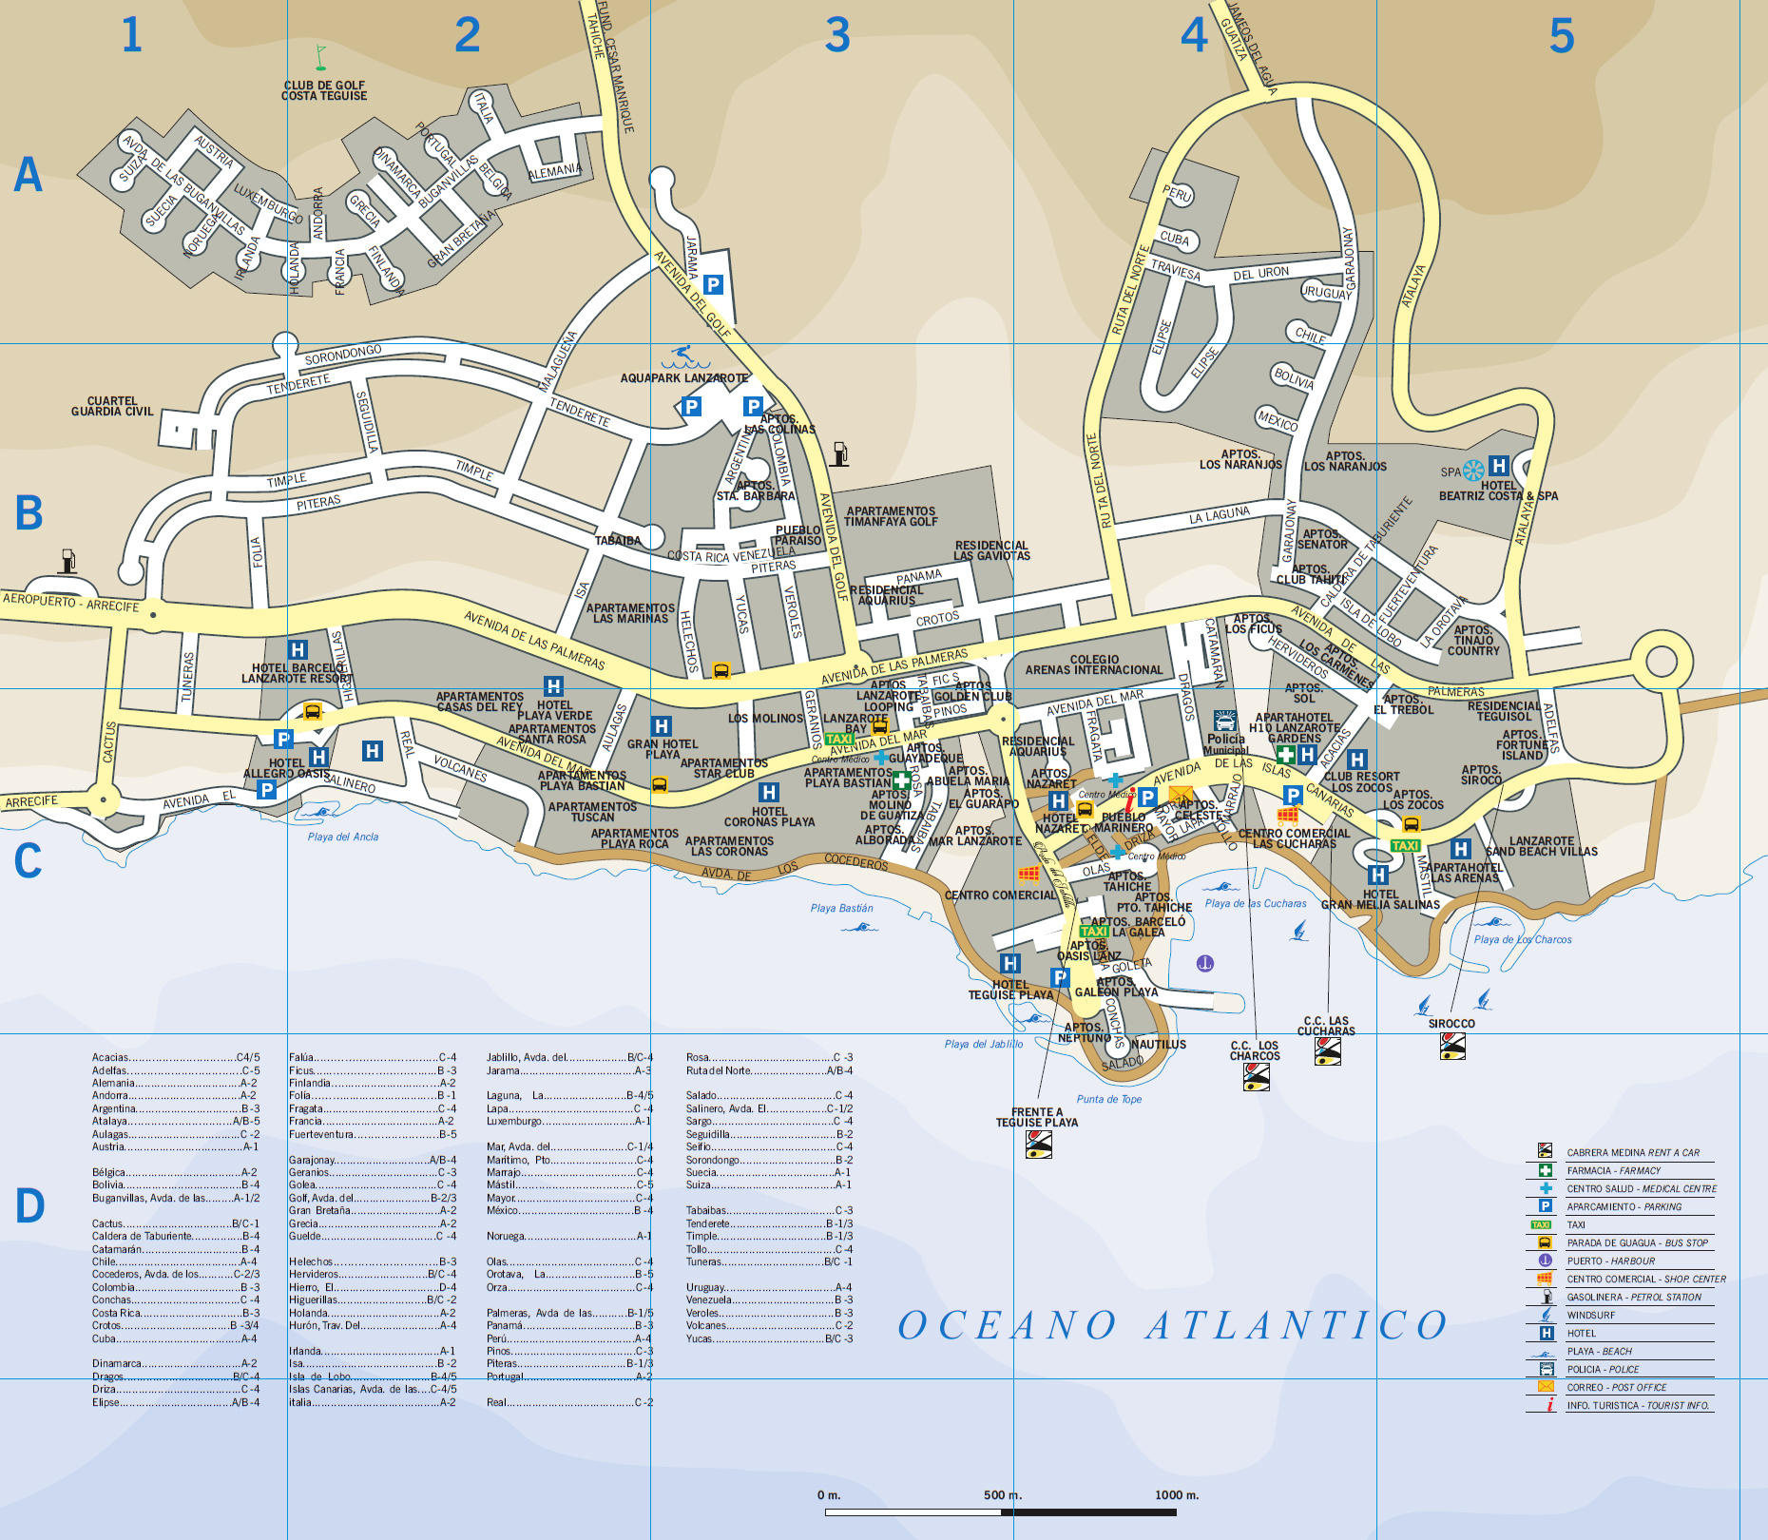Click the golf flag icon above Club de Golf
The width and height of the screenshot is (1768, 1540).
click(320, 58)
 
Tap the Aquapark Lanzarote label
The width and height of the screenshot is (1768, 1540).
click(683, 378)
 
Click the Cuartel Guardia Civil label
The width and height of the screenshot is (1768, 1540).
click(112, 407)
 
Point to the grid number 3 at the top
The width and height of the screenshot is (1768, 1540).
click(836, 36)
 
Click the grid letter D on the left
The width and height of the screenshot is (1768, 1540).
click(29, 1205)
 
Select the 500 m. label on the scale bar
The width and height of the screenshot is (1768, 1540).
click(1002, 1495)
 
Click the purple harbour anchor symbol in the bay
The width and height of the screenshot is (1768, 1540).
click(1205, 964)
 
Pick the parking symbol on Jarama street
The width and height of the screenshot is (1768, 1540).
click(713, 284)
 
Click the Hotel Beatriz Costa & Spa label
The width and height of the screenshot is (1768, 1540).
click(1498, 491)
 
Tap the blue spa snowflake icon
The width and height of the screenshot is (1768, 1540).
click(1473, 471)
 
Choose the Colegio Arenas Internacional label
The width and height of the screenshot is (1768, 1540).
click(1093, 664)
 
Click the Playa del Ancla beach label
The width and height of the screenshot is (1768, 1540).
click(342, 837)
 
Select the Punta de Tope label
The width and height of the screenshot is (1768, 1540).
click(1108, 1100)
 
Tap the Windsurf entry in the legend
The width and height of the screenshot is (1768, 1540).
click(1590, 1316)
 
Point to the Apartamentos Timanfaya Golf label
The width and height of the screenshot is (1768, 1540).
click(891, 516)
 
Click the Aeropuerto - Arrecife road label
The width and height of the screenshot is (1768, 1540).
click(70, 603)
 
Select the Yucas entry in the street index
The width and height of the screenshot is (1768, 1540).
click(769, 1338)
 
